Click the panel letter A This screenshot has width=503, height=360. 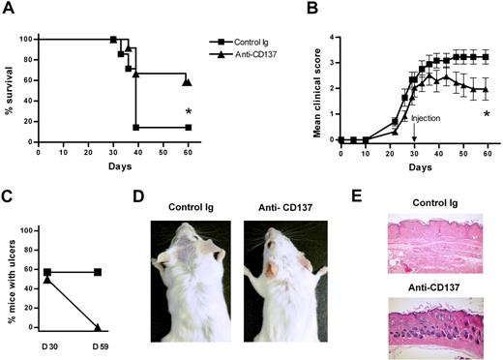point(11,12)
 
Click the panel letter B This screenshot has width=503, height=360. point(313,12)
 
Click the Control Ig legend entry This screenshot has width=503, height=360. point(252,43)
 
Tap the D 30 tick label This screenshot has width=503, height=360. point(47,336)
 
